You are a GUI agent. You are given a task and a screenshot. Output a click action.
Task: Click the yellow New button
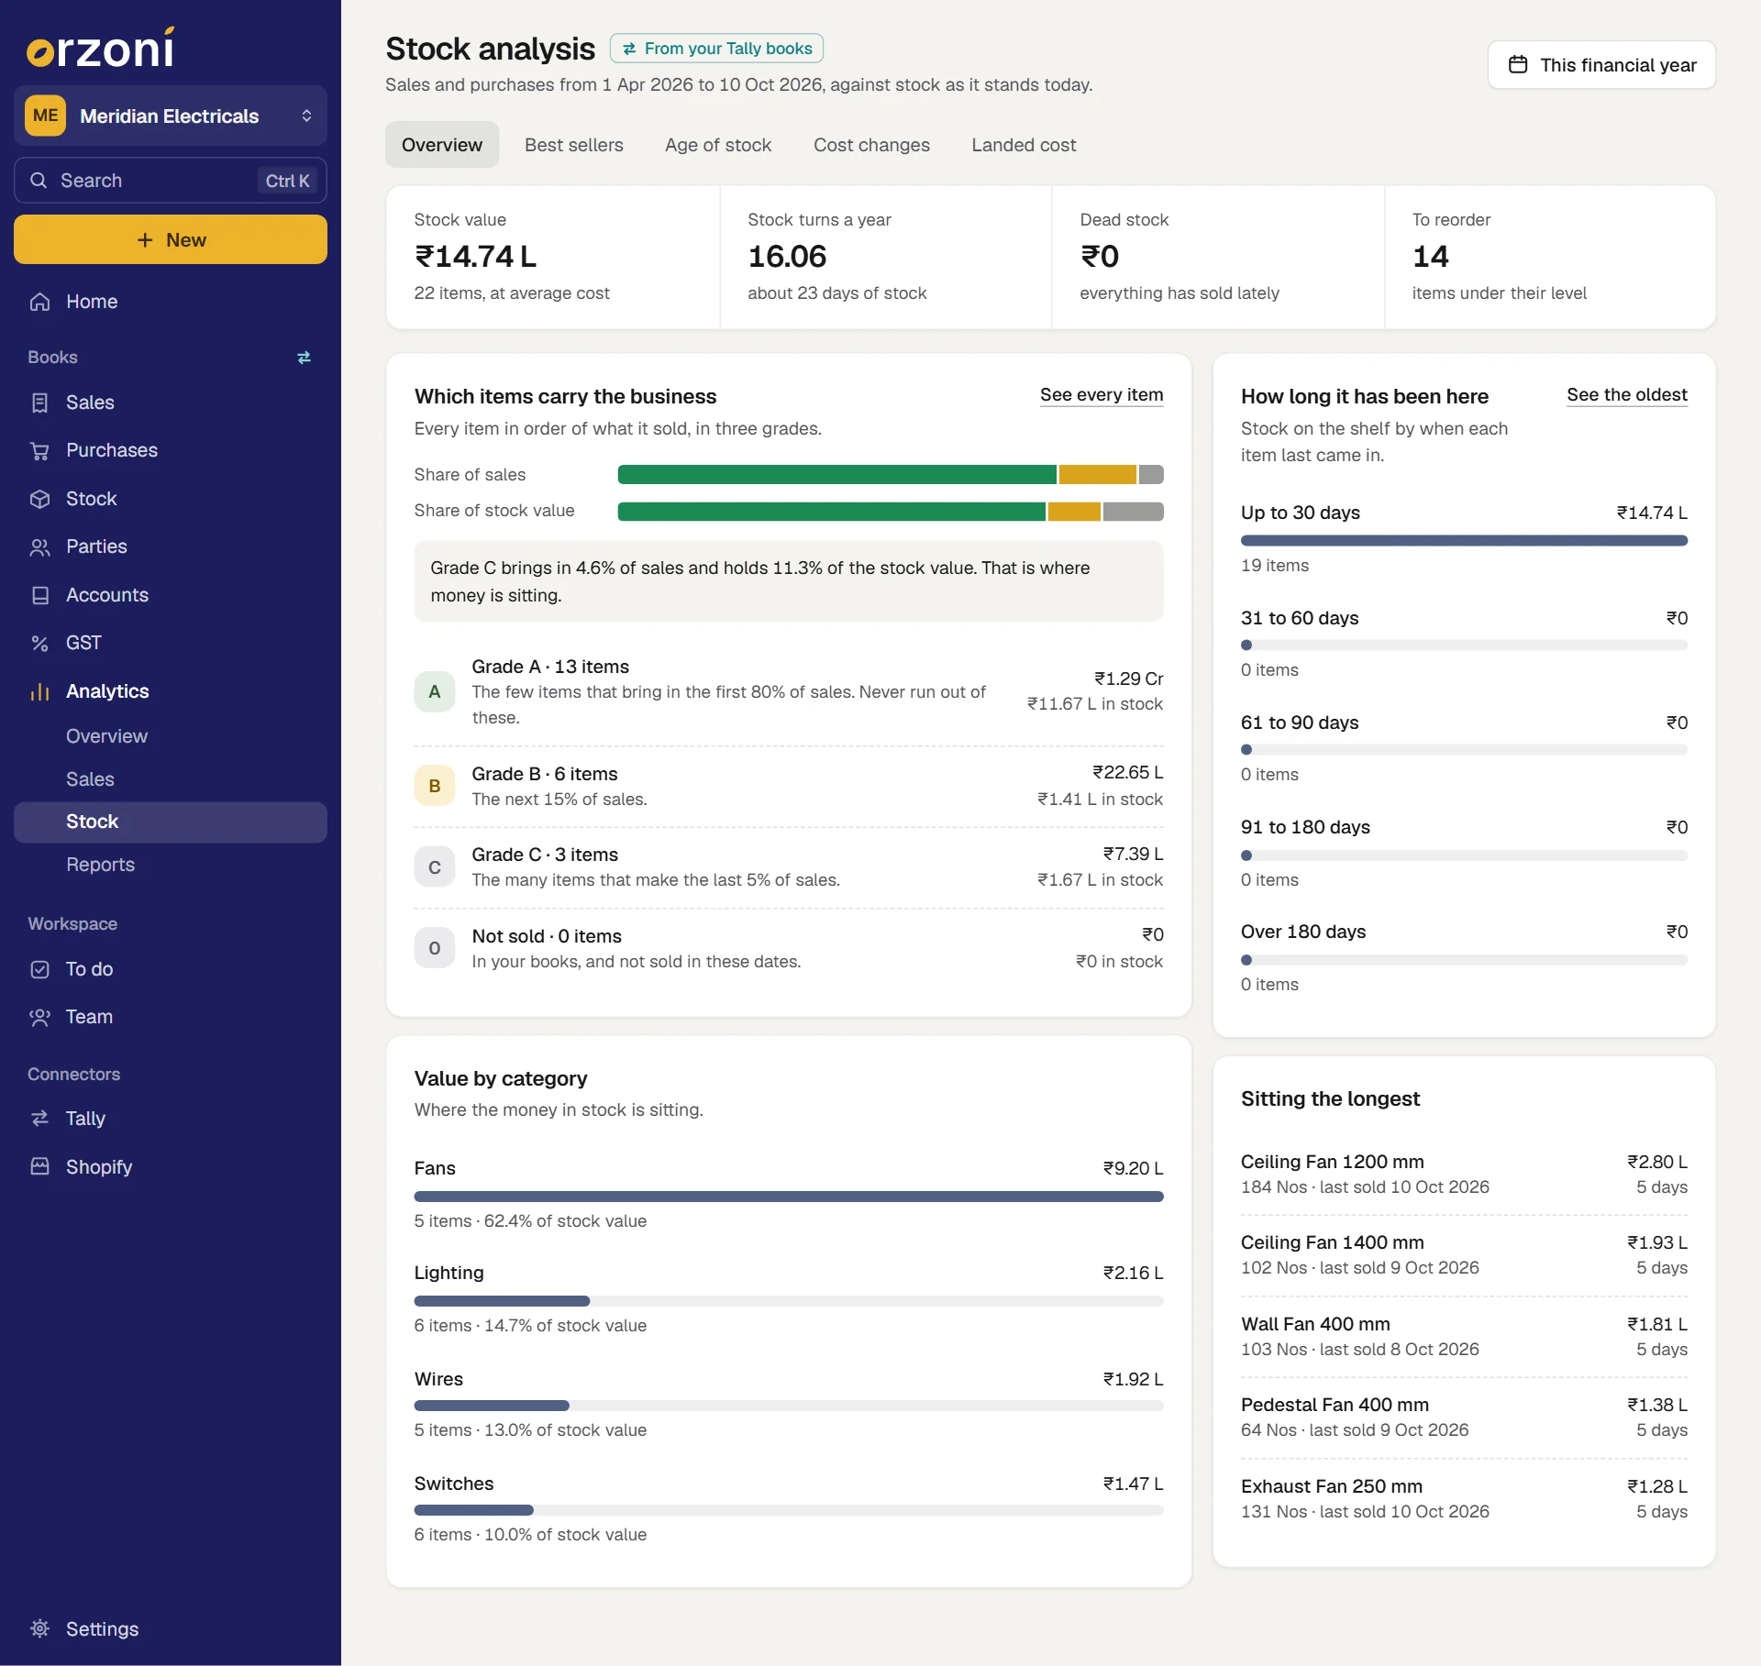pos(171,239)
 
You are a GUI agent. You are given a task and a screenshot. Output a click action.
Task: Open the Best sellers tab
pos(573,145)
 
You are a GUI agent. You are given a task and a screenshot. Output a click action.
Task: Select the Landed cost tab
pos(1024,145)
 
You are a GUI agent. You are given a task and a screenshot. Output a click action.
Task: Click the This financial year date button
pos(1601,65)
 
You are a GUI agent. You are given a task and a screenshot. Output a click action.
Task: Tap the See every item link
pos(1102,395)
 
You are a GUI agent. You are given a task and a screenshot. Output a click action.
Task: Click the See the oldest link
pos(1627,395)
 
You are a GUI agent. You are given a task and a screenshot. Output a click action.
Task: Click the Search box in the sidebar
pos(171,181)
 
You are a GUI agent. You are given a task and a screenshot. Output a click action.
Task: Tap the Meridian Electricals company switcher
pos(171,116)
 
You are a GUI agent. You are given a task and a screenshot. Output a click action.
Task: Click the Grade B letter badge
pos(435,786)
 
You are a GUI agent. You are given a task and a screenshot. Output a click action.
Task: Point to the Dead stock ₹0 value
pos(1100,257)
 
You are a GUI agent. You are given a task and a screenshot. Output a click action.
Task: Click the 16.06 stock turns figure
pos(787,257)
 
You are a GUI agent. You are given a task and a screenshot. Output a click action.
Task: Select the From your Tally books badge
pos(716,49)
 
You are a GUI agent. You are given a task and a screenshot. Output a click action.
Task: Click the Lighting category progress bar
pos(789,1301)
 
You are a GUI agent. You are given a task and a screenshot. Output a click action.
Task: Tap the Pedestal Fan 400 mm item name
pos(1335,1405)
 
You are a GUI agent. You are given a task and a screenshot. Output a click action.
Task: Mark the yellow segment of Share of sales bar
pos(1097,475)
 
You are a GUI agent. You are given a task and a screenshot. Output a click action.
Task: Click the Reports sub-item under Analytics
pos(100,865)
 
